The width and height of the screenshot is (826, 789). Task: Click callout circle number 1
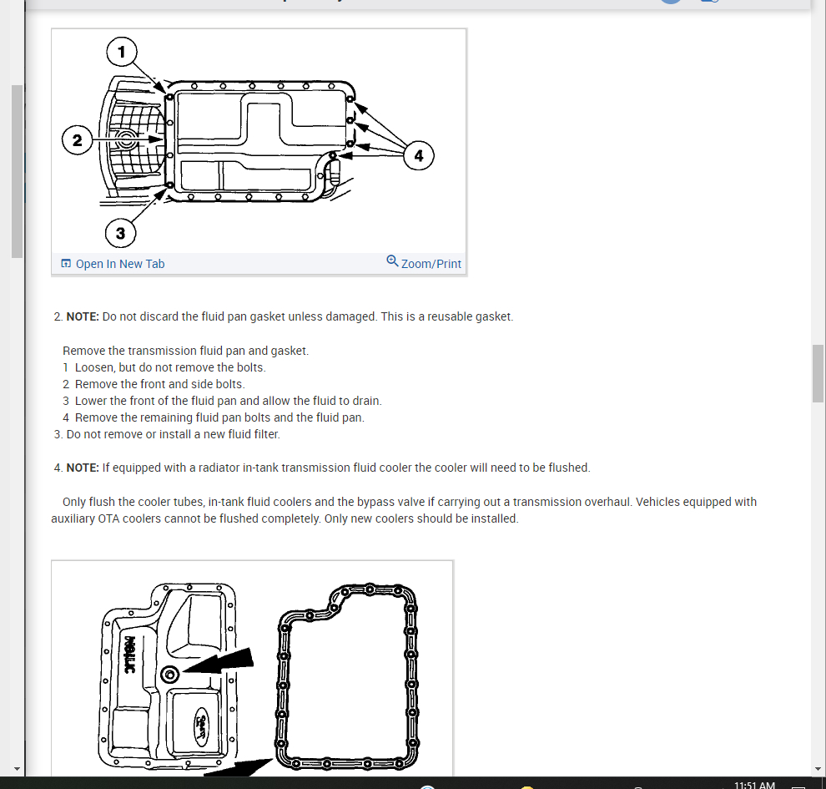click(121, 53)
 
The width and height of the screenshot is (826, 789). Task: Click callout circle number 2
click(78, 140)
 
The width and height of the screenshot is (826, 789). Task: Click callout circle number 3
click(121, 233)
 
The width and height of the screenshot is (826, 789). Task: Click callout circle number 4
click(419, 155)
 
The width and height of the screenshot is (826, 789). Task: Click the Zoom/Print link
click(431, 264)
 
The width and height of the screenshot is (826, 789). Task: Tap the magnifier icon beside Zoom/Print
click(392, 261)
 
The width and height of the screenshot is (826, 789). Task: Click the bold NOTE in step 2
click(83, 317)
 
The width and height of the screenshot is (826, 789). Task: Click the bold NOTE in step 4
click(83, 468)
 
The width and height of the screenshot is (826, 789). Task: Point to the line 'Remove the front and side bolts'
click(159, 384)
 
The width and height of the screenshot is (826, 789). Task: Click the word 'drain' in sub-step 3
click(365, 401)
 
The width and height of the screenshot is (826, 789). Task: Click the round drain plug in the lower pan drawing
click(170, 674)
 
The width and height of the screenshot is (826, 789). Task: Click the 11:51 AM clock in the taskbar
click(754, 785)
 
